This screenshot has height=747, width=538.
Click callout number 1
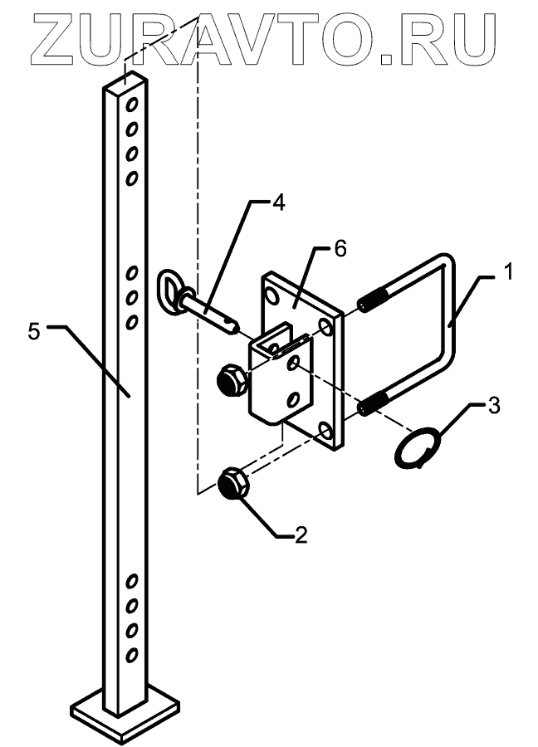[507, 271]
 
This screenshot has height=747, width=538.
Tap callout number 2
[300, 534]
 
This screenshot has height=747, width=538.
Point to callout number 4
[278, 203]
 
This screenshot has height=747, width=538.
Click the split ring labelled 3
[413, 449]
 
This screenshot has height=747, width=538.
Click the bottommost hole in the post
[131, 656]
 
